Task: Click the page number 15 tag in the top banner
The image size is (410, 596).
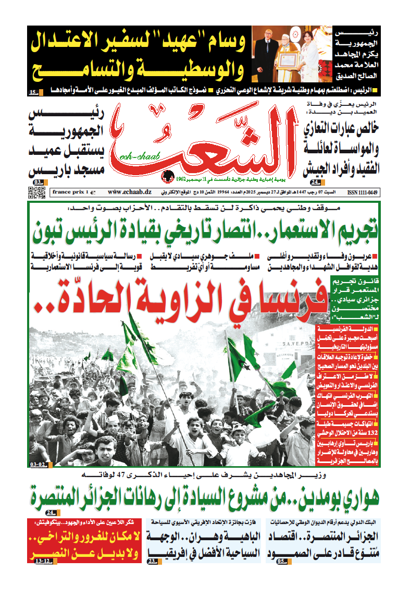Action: (33, 93)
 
